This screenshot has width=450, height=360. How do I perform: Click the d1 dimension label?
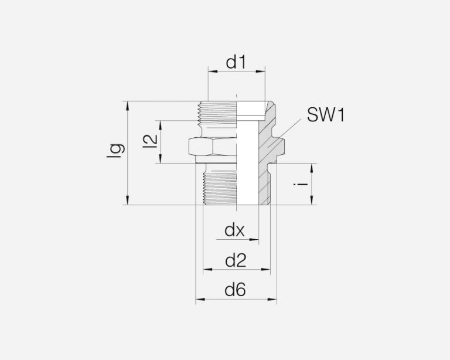(x=236, y=62)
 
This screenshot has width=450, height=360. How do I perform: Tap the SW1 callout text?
(x=325, y=115)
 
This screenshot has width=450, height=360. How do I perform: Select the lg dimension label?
(x=115, y=151)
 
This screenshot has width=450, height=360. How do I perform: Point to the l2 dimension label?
(x=151, y=142)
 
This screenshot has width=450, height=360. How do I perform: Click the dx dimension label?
(x=234, y=230)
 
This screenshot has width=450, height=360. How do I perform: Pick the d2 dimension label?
(x=236, y=261)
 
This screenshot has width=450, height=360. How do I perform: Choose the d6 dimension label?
(x=236, y=290)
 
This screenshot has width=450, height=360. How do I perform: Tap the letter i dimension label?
(x=301, y=184)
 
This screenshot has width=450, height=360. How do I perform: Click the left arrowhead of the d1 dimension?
(x=213, y=71)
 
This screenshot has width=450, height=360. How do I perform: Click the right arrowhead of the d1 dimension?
(x=261, y=71)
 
